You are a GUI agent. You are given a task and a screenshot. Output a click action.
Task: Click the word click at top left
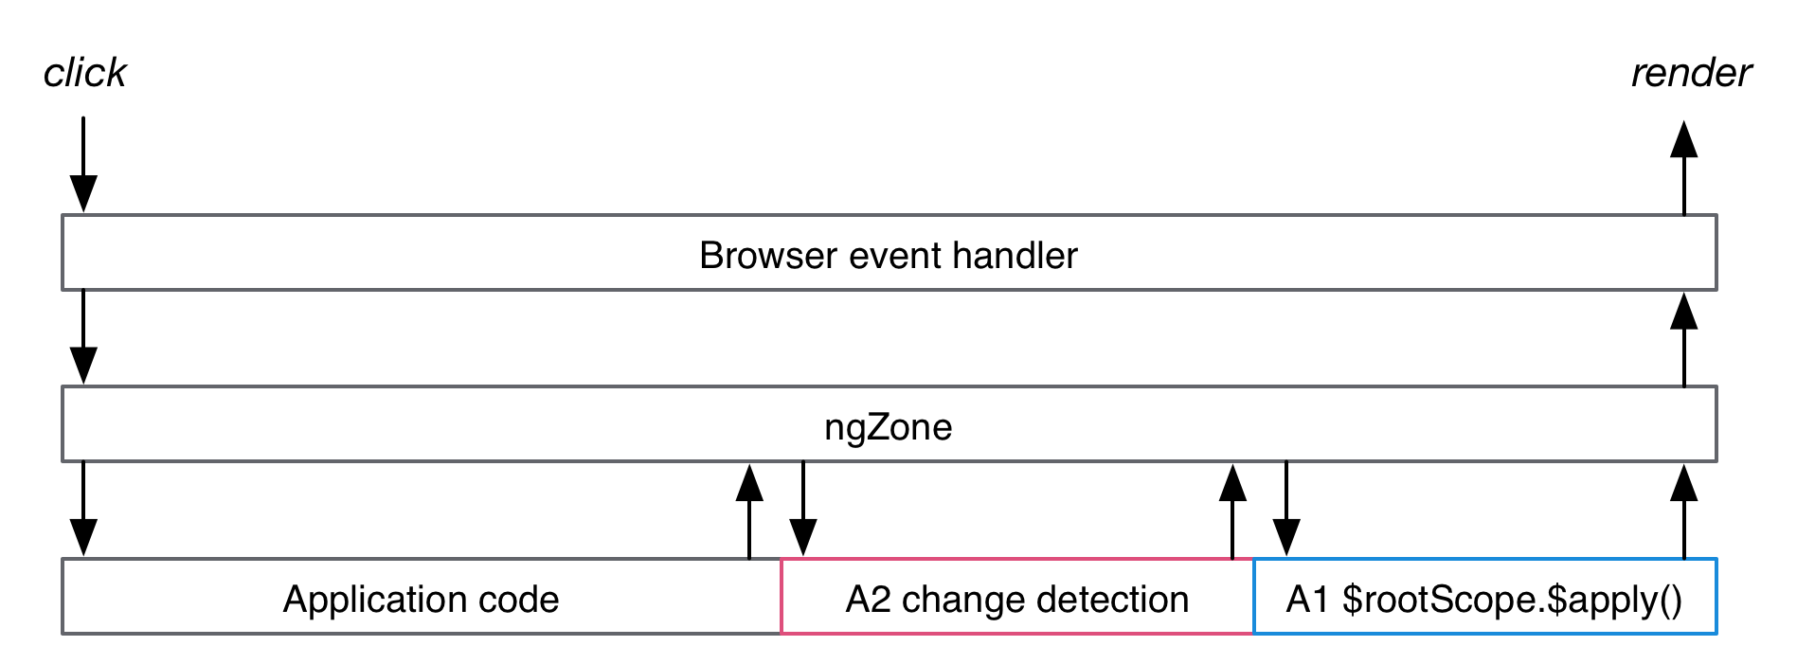click(x=84, y=73)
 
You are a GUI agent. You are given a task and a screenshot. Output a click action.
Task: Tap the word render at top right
click(x=1690, y=73)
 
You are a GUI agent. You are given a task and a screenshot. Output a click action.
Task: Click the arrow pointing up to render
click(x=1683, y=169)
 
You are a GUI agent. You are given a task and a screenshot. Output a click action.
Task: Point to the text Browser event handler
click(x=888, y=256)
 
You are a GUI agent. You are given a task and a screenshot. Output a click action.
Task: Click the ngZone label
click(x=888, y=427)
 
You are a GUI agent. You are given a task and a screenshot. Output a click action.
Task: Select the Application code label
click(x=421, y=600)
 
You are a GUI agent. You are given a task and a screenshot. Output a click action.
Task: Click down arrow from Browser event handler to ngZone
click(x=83, y=336)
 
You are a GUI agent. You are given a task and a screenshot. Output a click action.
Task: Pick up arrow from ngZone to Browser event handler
click(x=1683, y=339)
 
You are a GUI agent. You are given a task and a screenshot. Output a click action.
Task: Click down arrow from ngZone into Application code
click(x=83, y=509)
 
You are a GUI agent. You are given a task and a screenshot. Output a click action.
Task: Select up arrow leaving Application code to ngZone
click(x=749, y=511)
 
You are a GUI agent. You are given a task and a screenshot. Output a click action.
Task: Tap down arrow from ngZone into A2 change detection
click(x=803, y=509)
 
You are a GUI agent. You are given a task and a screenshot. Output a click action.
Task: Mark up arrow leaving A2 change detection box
click(x=1231, y=511)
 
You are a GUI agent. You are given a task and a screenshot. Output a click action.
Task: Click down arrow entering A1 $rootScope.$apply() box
click(x=1285, y=509)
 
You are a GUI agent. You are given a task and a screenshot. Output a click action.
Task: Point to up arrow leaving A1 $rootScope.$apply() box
click(x=1683, y=511)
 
